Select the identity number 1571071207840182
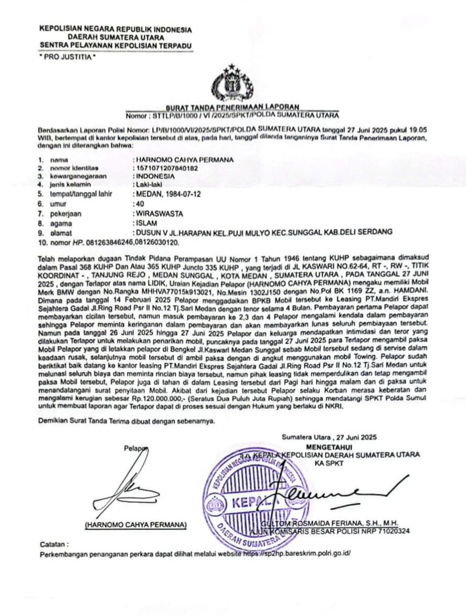(167, 168)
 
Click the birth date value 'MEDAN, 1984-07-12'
(168, 194)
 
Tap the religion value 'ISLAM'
(145, 222)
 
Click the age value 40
(140, 204)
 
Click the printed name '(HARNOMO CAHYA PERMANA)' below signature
(135, 525)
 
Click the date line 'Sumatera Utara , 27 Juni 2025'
(329, 437)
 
